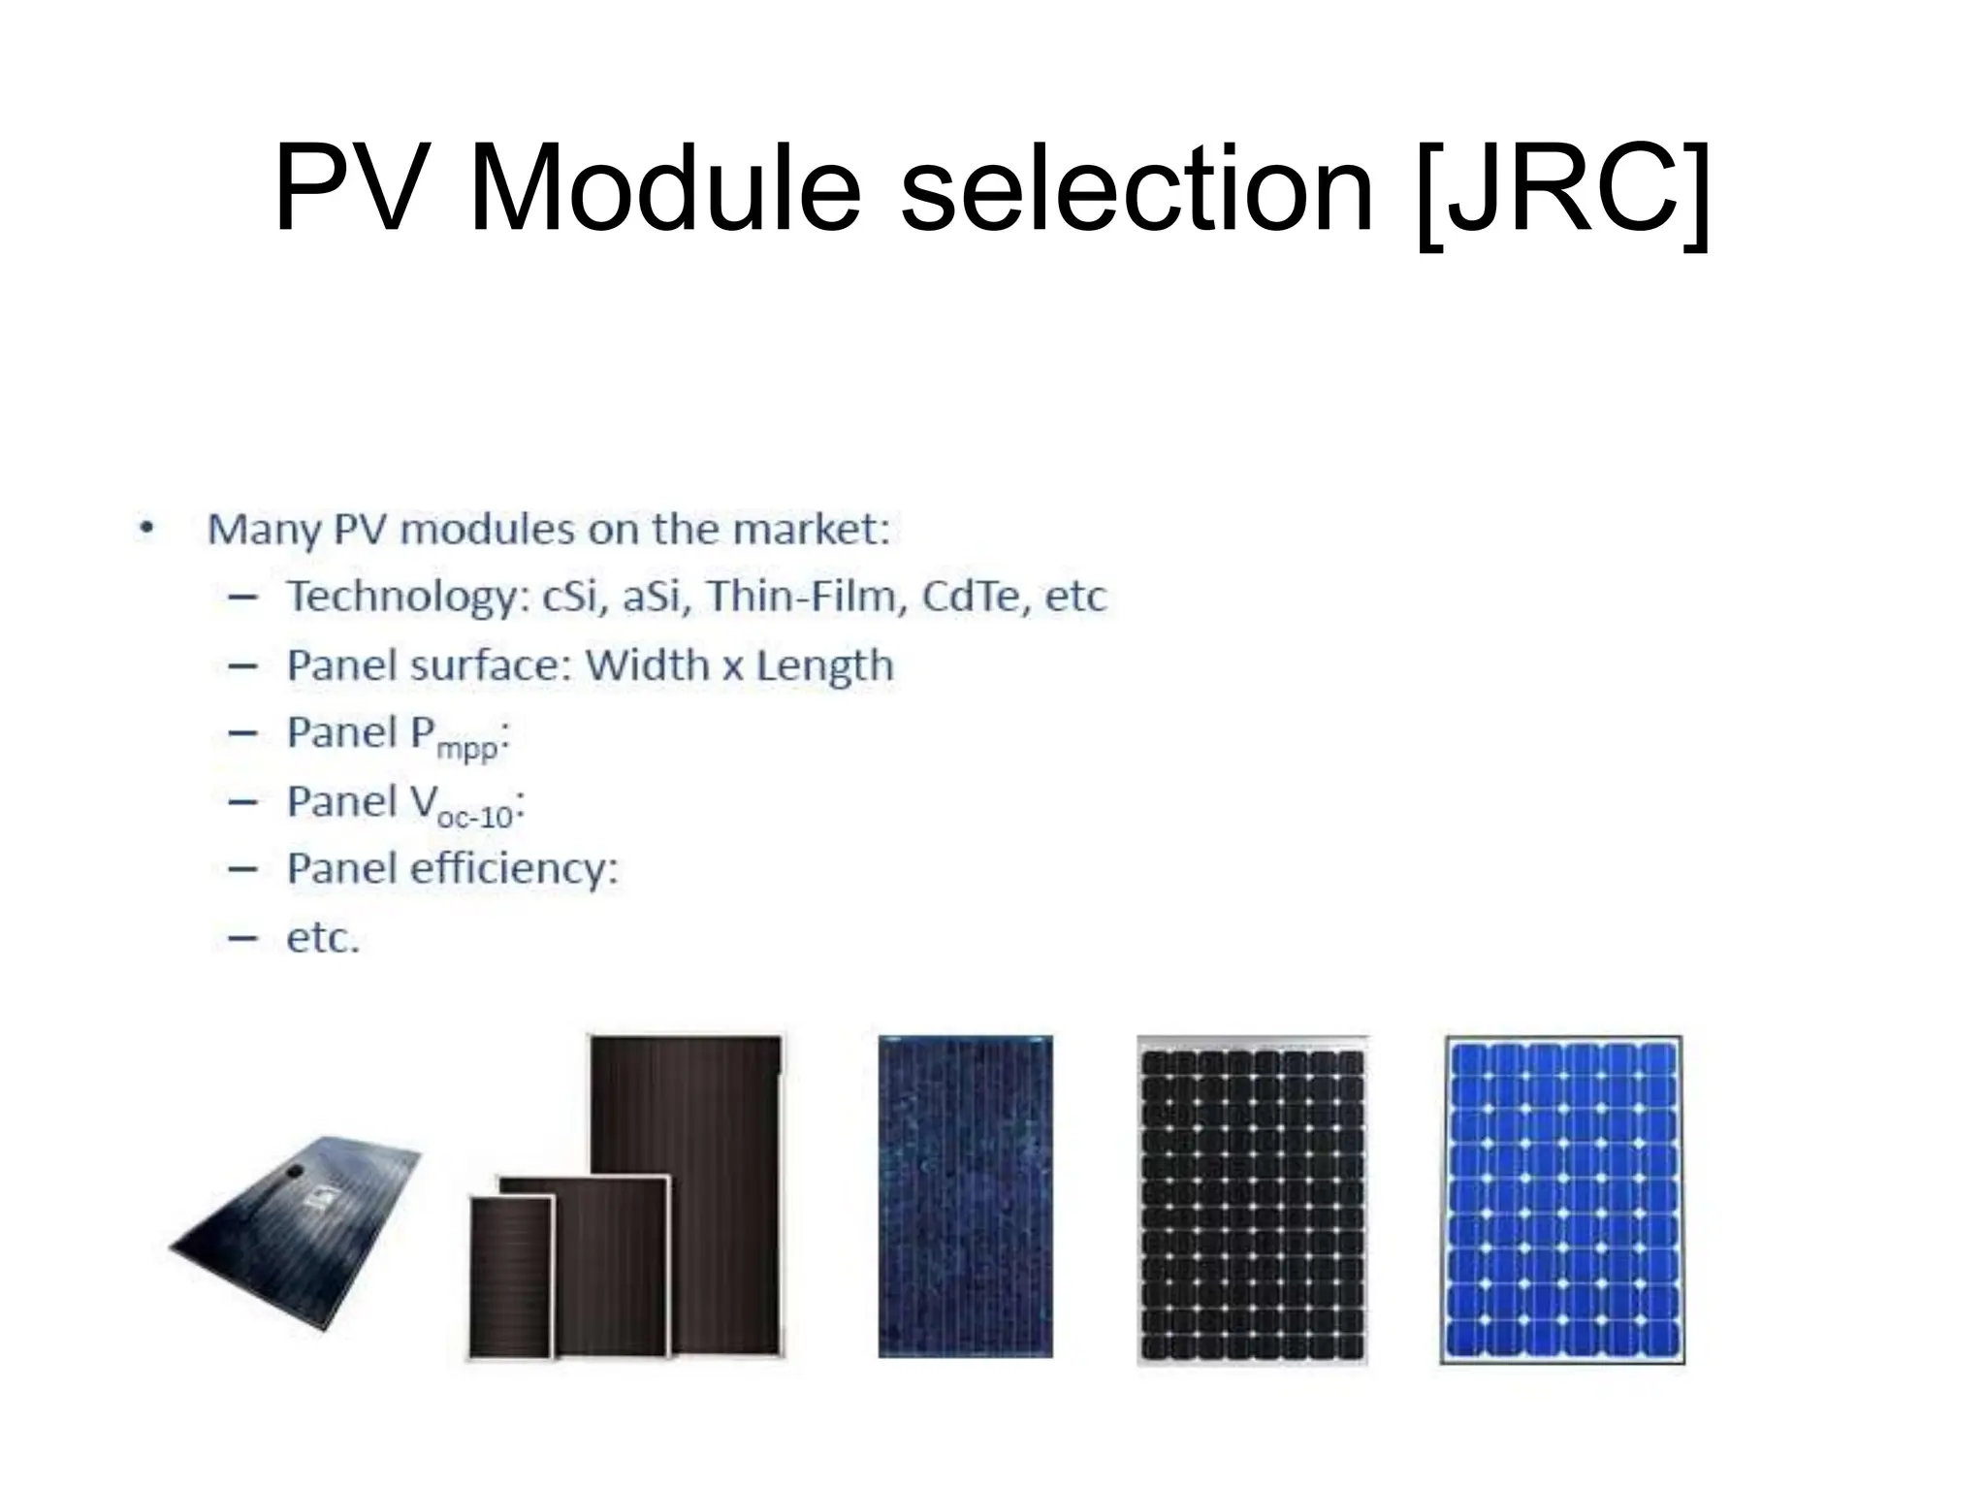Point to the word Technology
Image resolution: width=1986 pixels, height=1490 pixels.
pyautogui.click(x=402, y=597)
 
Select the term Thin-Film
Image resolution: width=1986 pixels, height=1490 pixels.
pyautogui.click(x=807, y=596)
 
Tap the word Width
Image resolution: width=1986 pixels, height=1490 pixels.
pyautogui.click(x=647, y=665)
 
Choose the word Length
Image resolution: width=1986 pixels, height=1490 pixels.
pyautogui.click(x=824, y=665)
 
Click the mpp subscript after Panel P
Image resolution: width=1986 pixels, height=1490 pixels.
pyautogui.click(x=466, y=749)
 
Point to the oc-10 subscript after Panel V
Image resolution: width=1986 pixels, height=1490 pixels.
pyautogui.click(x=474, y=817)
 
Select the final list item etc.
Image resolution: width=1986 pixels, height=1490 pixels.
pyautogui.click(x=323, y=938)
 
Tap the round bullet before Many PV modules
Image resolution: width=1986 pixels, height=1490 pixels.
pyautogui.click(x=146, y=530)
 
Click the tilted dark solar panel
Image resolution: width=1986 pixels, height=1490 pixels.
pyautogui.click(x=296, y=1230)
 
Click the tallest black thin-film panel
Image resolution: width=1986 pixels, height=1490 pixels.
pyautogui.click(x=718, y=1116)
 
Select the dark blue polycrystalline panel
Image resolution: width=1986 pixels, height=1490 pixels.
pyautogui.click(x=965, y=1196)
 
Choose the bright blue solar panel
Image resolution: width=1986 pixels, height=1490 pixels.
pyautogui.click(x=1561, y=1200)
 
